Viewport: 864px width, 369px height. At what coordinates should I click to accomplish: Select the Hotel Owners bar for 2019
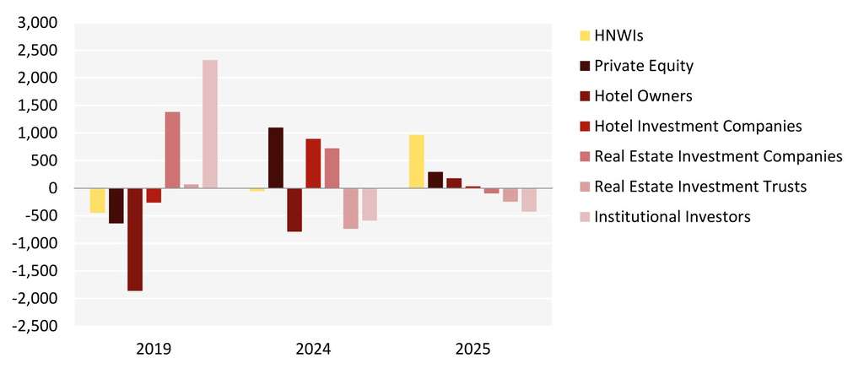(x=135, y=239)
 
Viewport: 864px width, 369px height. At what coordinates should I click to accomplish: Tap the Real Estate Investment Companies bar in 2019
(x=172, y=149)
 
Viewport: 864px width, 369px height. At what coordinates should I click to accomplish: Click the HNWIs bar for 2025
(x=416, y=161)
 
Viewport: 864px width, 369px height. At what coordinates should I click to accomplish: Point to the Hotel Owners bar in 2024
(x=294, y=209)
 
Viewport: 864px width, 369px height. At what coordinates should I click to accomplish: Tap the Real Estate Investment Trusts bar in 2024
(x=350, y=208)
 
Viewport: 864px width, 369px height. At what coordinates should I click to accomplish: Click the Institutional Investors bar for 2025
(x=528, y=199)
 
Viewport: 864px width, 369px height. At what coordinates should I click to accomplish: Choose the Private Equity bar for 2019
(x=116, y=205)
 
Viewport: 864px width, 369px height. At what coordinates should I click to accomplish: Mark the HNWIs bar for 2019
(x=98, y=200)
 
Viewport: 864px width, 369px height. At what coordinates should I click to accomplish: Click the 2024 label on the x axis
(x=313, y=349)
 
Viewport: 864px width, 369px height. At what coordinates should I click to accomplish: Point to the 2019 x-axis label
(x=154, y=349)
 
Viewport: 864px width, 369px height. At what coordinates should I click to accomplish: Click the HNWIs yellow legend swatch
(x=584, y=35)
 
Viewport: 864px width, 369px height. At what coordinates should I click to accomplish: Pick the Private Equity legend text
(x=644, y=66)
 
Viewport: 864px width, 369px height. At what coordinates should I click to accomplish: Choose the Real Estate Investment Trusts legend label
(x=700, y=187)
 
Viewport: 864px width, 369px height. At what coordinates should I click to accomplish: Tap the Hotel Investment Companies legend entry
(x=698, y=126)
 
